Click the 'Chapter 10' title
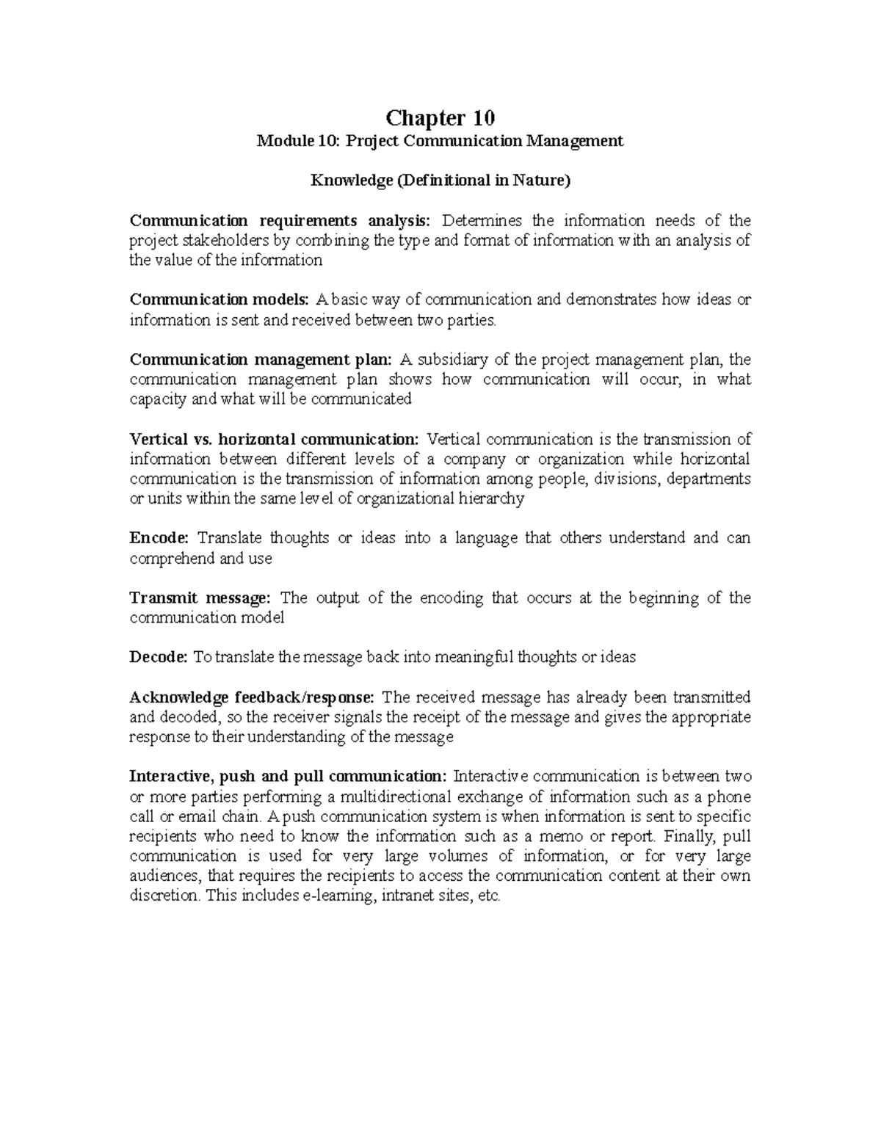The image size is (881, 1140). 440,117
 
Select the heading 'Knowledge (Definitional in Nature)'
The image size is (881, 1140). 440,181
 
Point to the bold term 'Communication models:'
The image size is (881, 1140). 220,299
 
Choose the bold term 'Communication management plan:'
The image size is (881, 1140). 261,360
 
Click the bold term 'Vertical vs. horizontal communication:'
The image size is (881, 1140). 274,440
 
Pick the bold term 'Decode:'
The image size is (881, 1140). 159,657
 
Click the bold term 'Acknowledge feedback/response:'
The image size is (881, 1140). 252,697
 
